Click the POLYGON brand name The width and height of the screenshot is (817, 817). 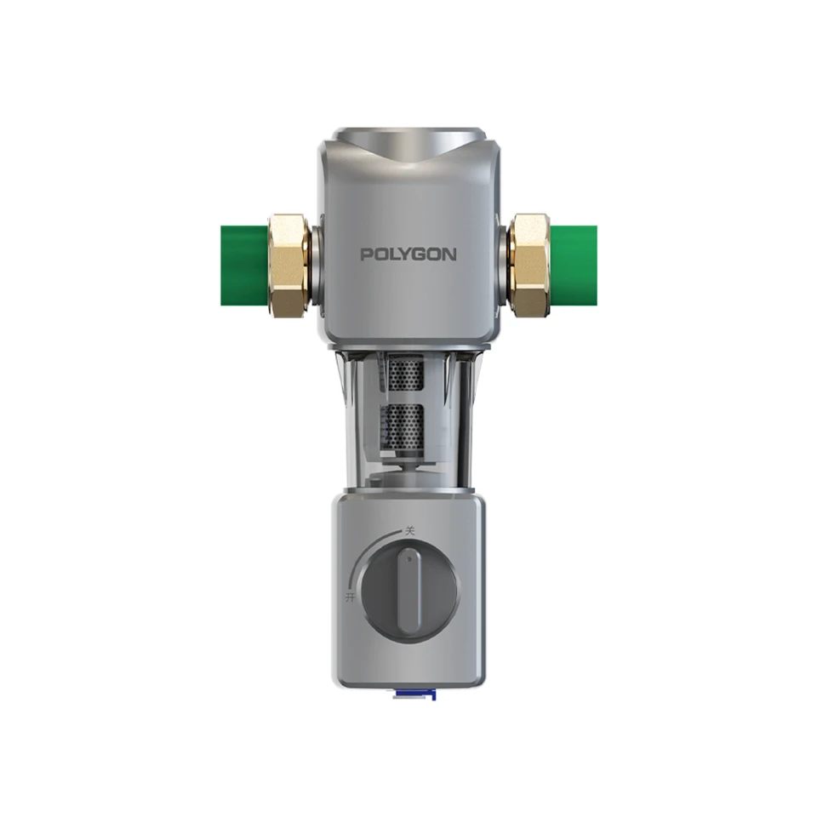click(408, 254)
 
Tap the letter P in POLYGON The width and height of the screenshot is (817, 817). click(367, 254)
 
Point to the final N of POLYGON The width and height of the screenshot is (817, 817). click(449, 254)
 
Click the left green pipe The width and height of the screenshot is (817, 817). click(245, 266)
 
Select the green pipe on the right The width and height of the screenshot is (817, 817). click(573, 266)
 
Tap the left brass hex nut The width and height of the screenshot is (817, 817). click(289, 265)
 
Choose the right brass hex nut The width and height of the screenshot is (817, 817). click(528, 265)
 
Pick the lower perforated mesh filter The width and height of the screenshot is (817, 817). click(406, 426)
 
